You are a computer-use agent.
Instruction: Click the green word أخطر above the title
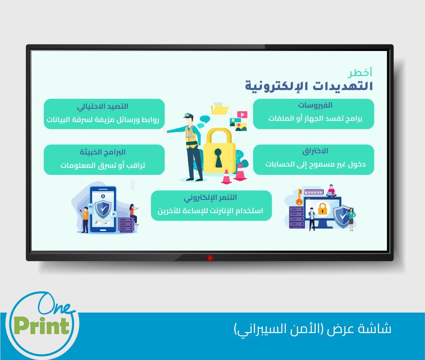pyautogui.click(x=360, y=73)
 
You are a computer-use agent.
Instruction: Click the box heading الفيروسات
pyautogui.click(x=315, y=105)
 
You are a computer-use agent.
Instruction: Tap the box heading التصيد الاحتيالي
pyautogui.click(x=103, y=107)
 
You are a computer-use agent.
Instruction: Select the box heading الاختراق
pyautogui.click(x=315, y=151)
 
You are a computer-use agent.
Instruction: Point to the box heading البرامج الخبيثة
pyautogui.click(x=103, y=152)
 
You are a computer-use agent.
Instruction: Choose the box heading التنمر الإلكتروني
pyautogui.click(x=210, y=197)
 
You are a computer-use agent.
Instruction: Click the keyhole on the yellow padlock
pyautogui.click(x=218, y=157)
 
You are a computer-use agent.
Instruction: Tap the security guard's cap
pyautogui.click(x=188, y=115)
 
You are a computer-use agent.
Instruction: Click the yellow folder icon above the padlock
pyautogui.click(x=220, y=109)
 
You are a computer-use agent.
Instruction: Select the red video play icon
pyautogui.click(x=242, y=115)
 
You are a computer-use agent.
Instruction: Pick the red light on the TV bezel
pyautogui.click(x=209, y=258)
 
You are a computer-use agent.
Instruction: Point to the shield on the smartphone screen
pyautogui.click(x=103, y=209)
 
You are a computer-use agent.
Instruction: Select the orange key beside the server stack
pyautogui.click(x=299, y=197)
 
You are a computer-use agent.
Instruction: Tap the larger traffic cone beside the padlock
pyautogui.click(x=240, y=172)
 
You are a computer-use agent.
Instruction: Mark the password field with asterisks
pyautogui.click(x=314, y=192)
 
